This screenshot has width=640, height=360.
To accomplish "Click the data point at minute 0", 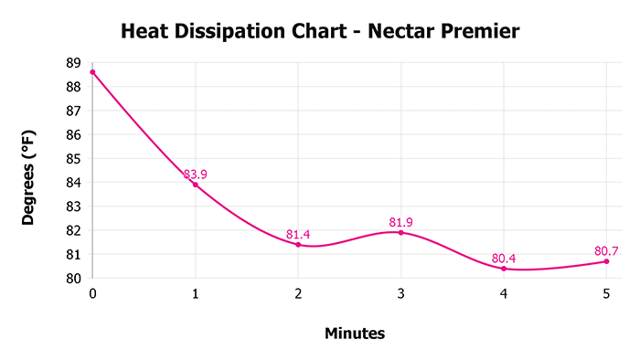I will click(x=92, y=72).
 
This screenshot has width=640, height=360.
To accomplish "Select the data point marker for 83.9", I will click(x=195, y=185).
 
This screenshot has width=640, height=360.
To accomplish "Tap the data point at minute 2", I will click(x=298, y=244).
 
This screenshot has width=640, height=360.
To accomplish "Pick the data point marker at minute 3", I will click(x=400, y=232).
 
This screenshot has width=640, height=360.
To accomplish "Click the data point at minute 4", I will click(x=504, y=269).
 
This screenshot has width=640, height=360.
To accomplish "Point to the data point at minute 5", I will click(x=606, y=261).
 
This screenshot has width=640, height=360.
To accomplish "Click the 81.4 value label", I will click(x=299, y=235).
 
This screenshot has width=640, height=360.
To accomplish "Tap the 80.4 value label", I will click(x=504, y=259).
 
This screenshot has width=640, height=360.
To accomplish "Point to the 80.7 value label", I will click(x=607, y=250).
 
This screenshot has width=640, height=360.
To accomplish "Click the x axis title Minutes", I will click(x=355, y=334).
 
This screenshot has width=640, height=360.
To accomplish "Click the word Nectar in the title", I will click(x=394, y=33).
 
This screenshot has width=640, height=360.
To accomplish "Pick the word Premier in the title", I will click(x=478, y=33).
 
